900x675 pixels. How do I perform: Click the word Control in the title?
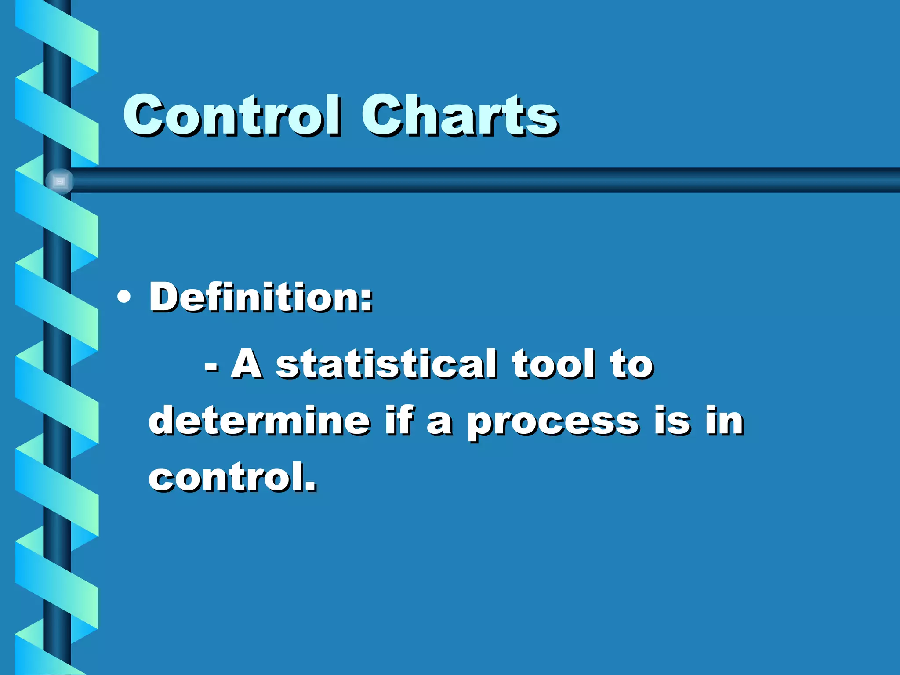click(232, 115)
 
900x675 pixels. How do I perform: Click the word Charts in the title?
click(460, 115)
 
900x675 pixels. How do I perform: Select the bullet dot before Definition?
click(124, 298)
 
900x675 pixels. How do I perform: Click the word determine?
click(259, 421)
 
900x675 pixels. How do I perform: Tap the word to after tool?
click(631, 365)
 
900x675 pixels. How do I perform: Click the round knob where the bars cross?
click(60, 181)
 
